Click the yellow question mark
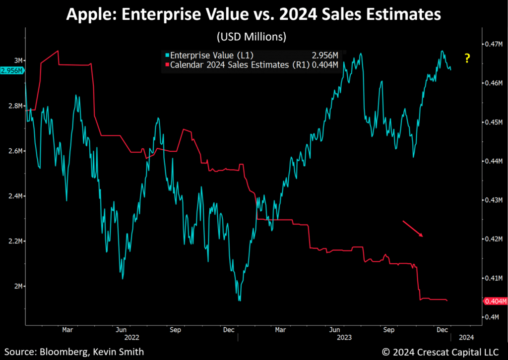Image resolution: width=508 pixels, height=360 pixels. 467,59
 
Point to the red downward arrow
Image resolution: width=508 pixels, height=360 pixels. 413,229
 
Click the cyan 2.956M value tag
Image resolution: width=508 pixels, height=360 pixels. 12,71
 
